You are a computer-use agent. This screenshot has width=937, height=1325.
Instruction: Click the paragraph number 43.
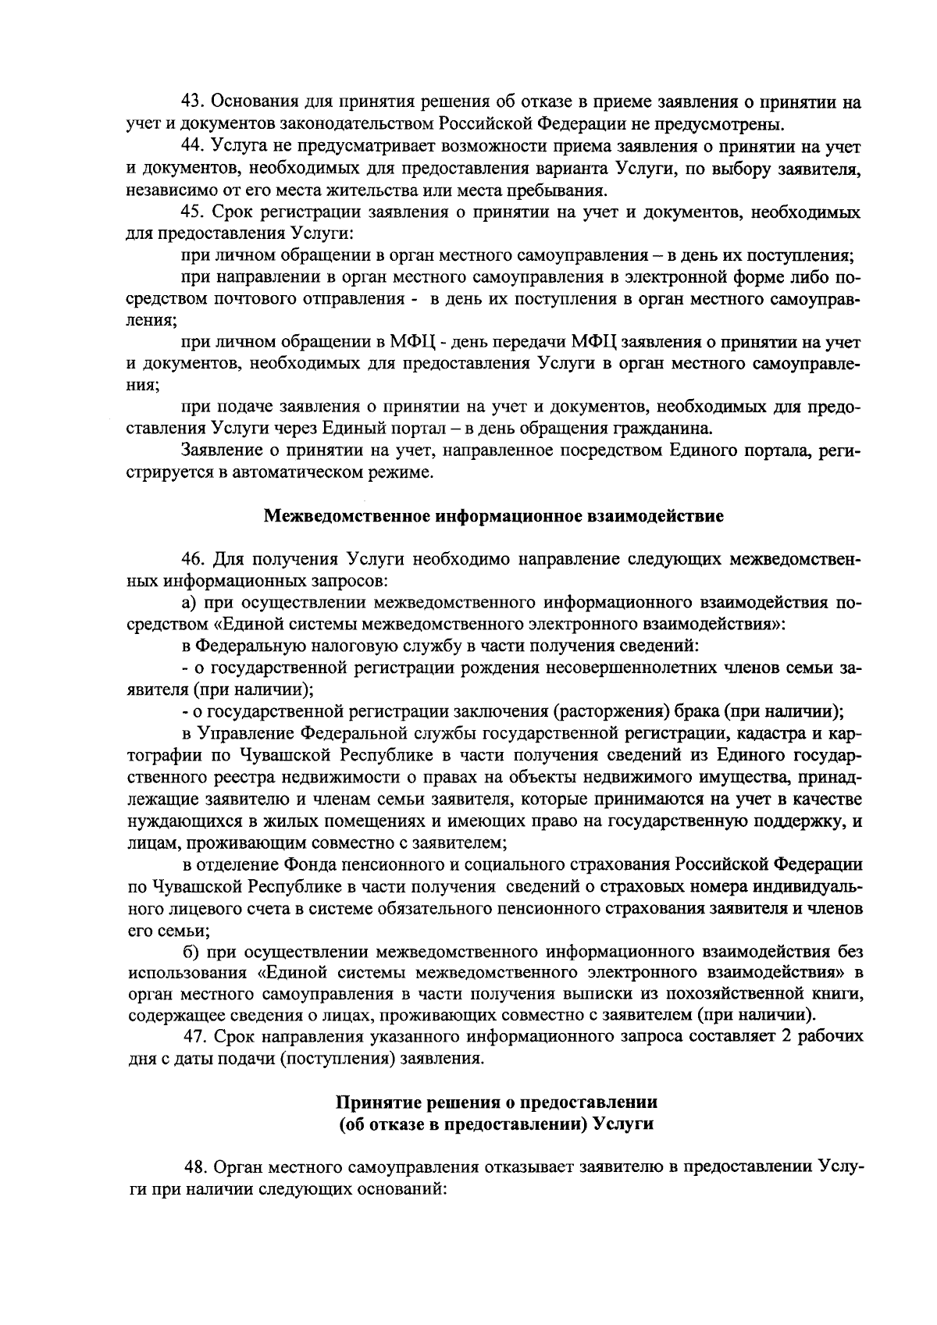(192, 102)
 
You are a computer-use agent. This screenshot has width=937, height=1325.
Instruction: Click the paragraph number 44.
(192, 146)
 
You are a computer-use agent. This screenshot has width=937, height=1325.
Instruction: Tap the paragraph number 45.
(192, 212)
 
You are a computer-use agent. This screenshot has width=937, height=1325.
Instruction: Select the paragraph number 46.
(192, 560)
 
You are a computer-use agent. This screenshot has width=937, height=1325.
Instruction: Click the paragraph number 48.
(196, 1166)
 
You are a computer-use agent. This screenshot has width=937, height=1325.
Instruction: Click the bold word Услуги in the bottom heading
(626, 1124)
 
